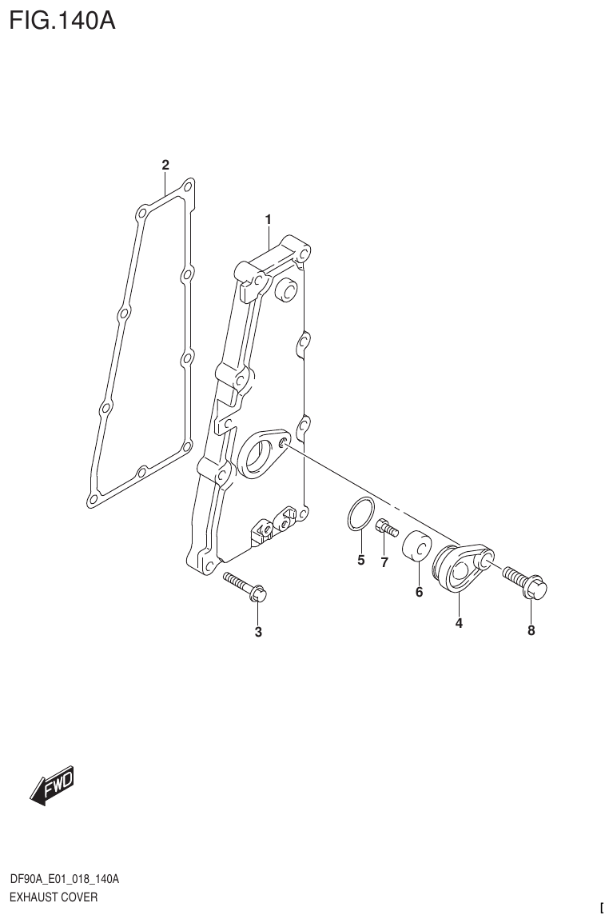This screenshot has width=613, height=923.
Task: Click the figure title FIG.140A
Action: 62,19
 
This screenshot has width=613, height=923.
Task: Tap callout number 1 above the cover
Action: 269,219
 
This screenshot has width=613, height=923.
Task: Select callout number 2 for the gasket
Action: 165,166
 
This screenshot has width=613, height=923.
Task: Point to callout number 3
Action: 258,632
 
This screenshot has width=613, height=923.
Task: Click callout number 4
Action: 459,624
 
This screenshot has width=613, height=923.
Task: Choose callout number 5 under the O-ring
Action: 360,560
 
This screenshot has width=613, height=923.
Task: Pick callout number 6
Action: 419,593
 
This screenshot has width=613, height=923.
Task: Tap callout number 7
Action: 384,562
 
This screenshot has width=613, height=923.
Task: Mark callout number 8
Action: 531,630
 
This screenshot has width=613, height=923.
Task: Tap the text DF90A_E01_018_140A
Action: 64,880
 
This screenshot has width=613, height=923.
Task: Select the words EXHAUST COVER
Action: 53,897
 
